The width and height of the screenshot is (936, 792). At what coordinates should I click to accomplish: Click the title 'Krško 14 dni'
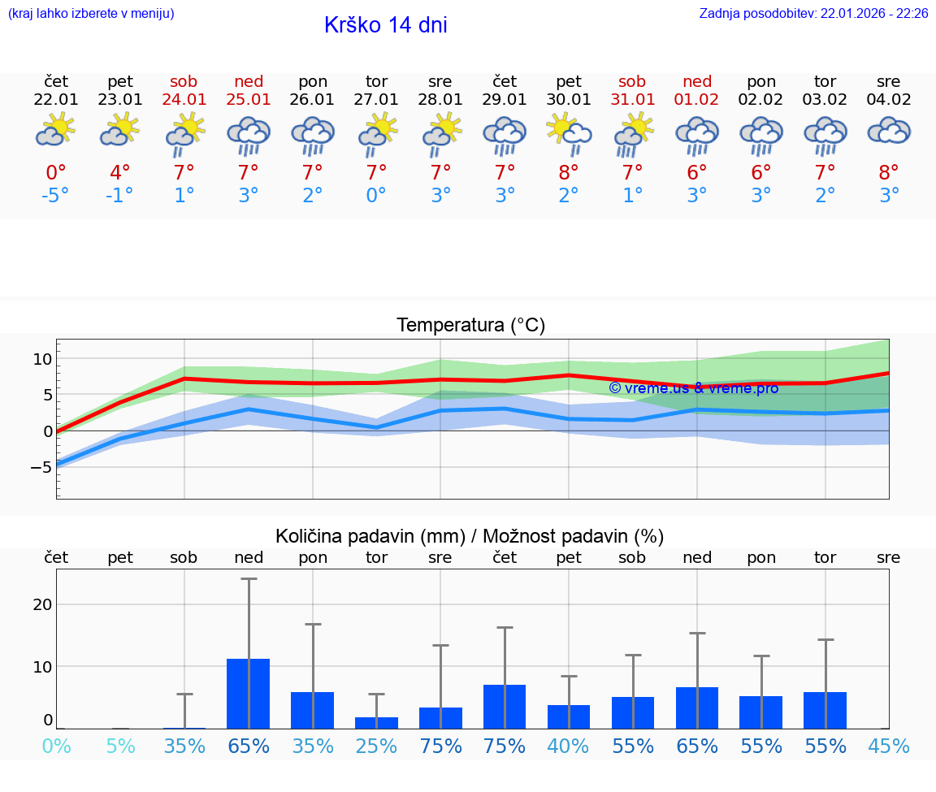click(x=385, y=25)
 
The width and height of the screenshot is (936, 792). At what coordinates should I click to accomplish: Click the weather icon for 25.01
click(x=249, y=135)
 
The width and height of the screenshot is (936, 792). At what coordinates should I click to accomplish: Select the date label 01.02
click(x=697, y=100)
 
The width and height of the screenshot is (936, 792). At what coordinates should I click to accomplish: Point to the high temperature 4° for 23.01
click(x=119, y=173)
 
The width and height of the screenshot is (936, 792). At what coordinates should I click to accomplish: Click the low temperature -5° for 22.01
click(x=56, y=196)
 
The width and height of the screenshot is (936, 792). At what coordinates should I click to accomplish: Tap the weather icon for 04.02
click(x=889, y=132)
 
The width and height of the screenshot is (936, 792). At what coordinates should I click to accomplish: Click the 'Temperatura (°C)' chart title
click(x=470, y=326)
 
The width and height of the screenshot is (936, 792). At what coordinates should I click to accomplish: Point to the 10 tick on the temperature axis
click(x=42, y=359)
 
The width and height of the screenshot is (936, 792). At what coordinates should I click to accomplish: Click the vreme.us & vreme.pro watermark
click(x=693, y=388)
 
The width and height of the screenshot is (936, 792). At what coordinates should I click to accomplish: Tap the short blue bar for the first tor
click(x=376, y=722)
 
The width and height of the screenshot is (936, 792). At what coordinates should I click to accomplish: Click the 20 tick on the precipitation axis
click(x=42, y=604)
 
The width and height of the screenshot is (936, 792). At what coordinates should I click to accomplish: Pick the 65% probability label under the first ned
click(x=249, y=746)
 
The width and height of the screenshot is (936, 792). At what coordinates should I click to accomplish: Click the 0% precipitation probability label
click(x=56, y=746)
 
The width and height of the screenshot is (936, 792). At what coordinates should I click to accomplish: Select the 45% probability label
click(x=889, y=746)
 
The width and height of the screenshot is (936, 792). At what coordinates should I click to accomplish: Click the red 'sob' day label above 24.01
click(x=184, y=82)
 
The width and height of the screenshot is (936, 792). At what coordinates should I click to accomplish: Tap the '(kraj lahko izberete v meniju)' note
click(x=91, y=14)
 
